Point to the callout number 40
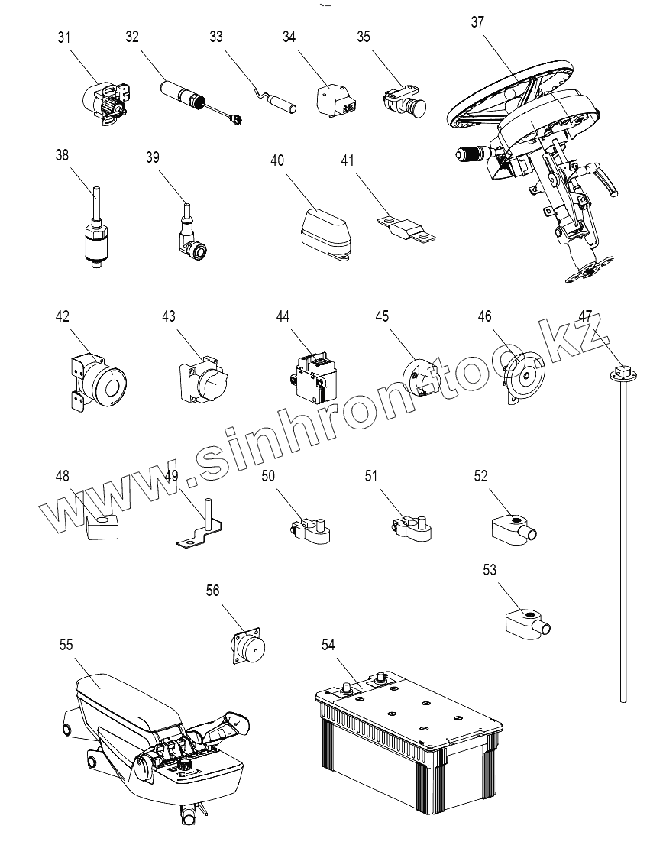click(276, 160)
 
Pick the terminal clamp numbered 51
click(412, 529)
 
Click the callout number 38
click(62, 155)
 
